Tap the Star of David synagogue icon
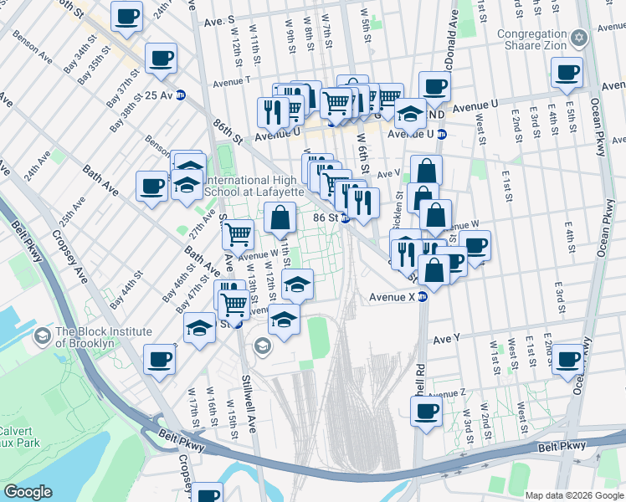(x=577, y=39)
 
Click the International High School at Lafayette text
(x=253, y=186)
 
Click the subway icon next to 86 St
(x=344, y=218)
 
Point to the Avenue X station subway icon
(x=423, y=296)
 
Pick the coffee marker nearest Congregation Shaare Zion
(x=567, y=74)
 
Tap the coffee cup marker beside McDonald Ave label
(x=434, y=86)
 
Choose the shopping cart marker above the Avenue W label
(x=238, y=235)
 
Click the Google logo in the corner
(x=28, y=491)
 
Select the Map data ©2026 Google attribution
(x=574, y=495)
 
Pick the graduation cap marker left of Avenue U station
(x=410, y=113)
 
